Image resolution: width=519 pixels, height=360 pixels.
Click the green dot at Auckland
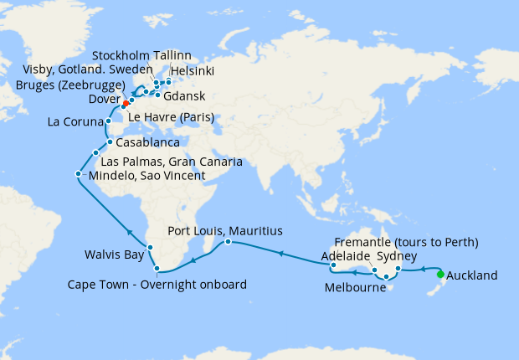point(441,273)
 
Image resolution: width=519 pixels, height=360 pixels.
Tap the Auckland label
point(472,275)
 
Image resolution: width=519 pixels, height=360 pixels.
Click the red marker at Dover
point(125,105)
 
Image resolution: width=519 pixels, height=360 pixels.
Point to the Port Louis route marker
point(227,243)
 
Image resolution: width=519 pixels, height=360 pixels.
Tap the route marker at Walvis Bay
point(150,247)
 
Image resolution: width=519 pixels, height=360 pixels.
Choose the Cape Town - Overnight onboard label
point(157,285)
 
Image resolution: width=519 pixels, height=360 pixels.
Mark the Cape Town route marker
point(157,269)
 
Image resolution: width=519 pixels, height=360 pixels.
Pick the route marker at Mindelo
point(78,174)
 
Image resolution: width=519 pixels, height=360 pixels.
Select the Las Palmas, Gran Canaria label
point(172,160)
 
